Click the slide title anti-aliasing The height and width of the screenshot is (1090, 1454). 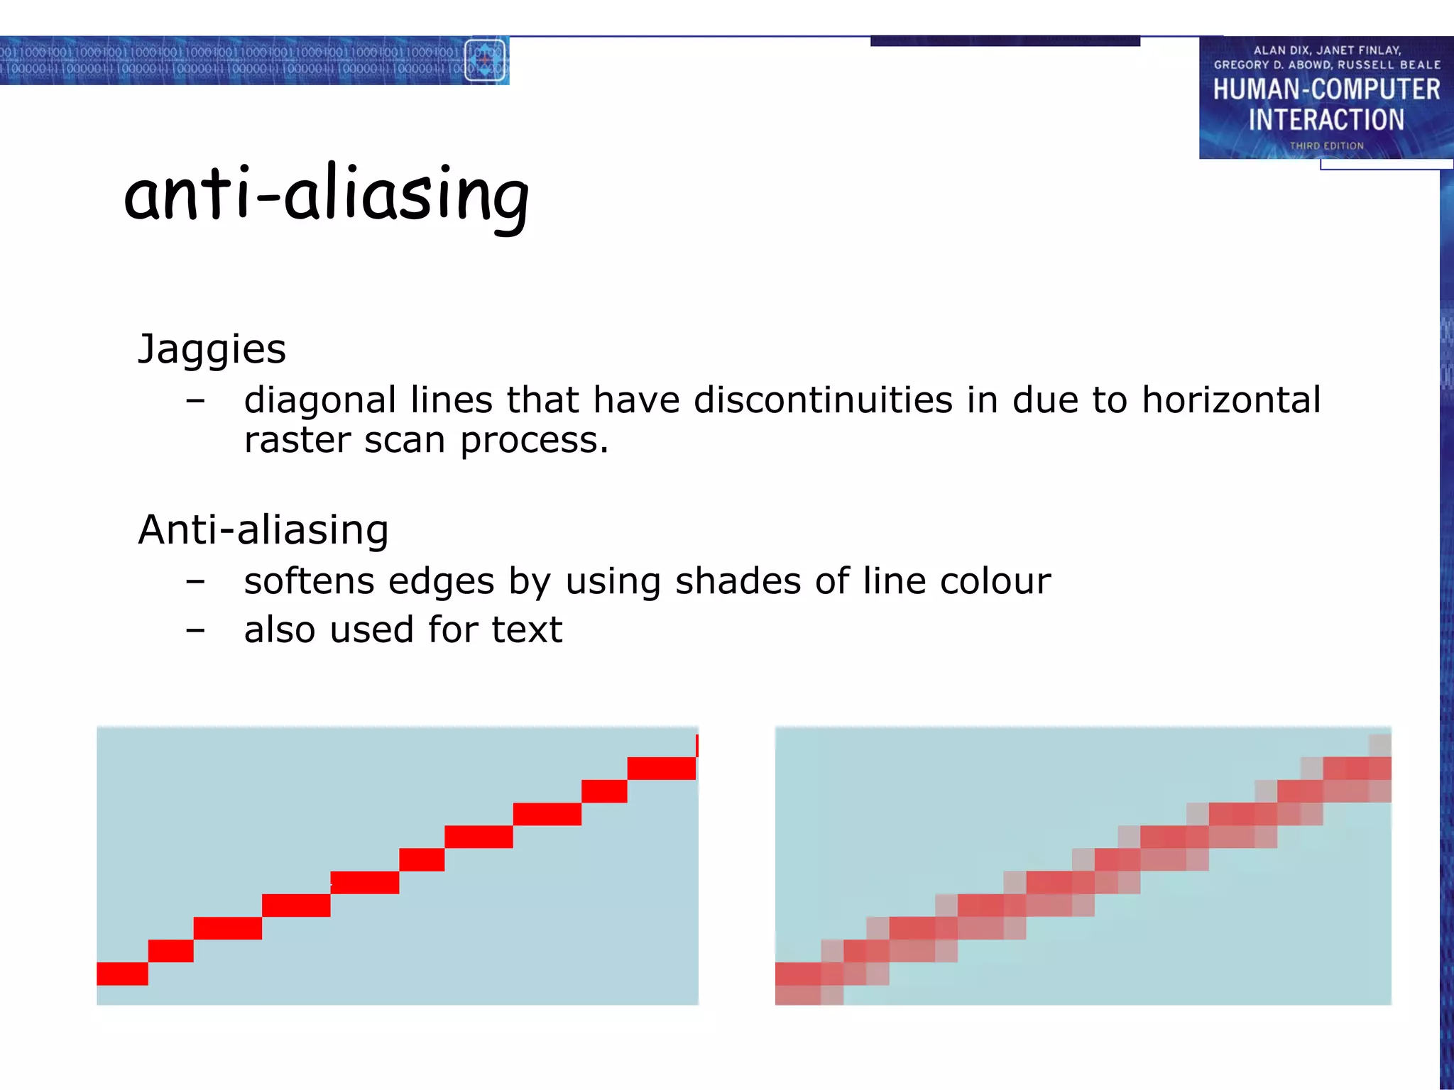[327, 195]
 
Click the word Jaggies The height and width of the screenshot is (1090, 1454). [212, 349]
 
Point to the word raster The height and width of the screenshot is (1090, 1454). [297, 440]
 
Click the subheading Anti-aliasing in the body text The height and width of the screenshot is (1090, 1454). [263, 530]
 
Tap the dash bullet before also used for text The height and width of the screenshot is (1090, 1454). [195, 630]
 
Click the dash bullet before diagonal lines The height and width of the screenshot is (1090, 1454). [195, 402]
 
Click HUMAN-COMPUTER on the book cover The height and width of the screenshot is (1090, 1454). [1326, 90]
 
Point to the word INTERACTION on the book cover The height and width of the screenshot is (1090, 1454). [1326, 120]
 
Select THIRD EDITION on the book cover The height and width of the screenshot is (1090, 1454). [1326, 145]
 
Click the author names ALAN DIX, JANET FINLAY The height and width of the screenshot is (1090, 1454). [1326, 50]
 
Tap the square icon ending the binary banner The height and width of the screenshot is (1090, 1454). [485, 60]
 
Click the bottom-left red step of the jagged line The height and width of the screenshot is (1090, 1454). [122, 974]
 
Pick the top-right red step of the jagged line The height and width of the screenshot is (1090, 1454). [661, 768]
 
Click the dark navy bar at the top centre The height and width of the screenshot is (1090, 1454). [1005, 41]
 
